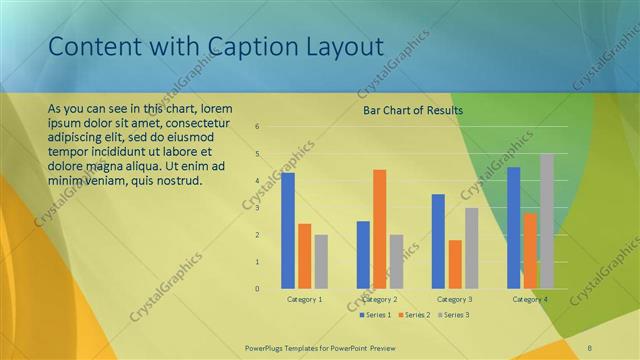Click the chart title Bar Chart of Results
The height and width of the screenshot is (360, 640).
point(413,110)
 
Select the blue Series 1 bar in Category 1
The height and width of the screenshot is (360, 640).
point(288,230)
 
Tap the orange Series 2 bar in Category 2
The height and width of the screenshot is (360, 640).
point(379,229)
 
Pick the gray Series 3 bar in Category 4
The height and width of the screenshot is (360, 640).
point(547,221)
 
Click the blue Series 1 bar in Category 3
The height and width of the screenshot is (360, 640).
point(438,241)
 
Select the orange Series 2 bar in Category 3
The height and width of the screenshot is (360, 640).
point(455,264)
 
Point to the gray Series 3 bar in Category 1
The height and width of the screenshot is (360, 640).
point(321,261)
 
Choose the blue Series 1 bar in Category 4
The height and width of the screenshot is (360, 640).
point(513,227)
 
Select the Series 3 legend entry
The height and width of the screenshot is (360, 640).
point(452,315)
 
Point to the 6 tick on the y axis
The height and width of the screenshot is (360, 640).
point(258,127)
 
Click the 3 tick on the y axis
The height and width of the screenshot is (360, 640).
point(258,208)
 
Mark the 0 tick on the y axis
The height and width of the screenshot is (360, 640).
point(258,289)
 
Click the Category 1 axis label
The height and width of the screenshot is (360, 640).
point(304,299)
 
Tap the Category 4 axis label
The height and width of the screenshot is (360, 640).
point(530,299)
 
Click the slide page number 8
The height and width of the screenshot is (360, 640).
point(589,348)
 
